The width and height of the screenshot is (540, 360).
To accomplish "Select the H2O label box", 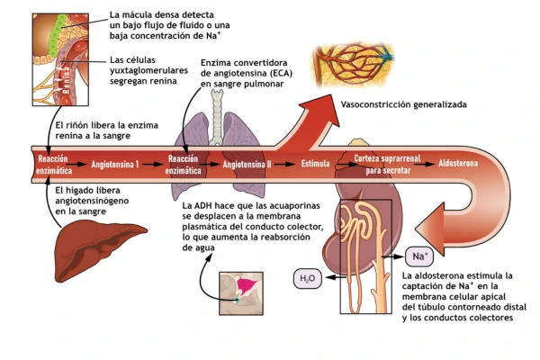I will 308,279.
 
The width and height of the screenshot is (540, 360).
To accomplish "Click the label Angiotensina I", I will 114,165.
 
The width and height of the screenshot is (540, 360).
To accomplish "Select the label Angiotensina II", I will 247,165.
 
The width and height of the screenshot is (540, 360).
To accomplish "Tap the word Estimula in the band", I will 315,165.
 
